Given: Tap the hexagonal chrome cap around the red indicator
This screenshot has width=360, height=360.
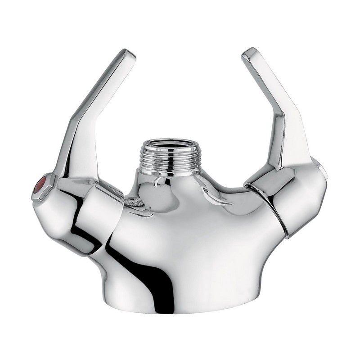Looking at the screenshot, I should tap(36, 191).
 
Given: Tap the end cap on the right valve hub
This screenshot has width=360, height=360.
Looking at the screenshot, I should tap(323, 170).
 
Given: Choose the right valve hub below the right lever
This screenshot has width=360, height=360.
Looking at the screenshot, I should tap(301, 198).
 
